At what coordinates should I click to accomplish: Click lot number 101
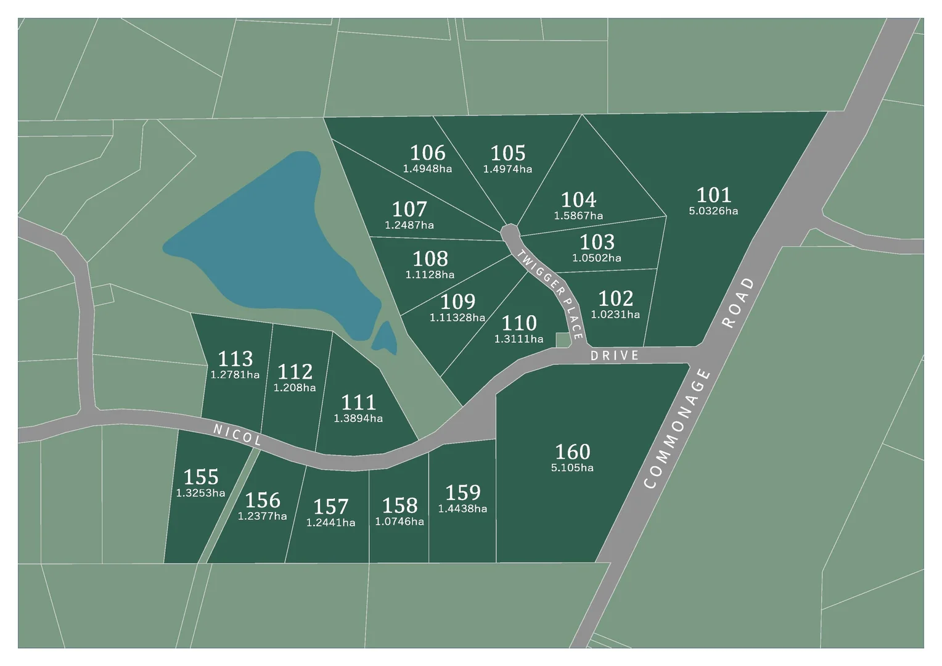(713, 195)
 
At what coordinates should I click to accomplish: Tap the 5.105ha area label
(572, 468)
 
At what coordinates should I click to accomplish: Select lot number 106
(427, 152)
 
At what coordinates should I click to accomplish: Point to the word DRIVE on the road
(615, 356)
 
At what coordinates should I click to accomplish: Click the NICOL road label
(237, 435)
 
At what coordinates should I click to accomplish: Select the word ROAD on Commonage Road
(738, 303)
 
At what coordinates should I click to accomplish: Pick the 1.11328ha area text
(457, 318)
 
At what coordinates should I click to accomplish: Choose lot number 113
(235, 358)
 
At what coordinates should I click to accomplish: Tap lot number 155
(201, 477)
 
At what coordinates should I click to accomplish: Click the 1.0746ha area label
(399, 522)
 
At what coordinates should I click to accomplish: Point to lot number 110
(518, 323)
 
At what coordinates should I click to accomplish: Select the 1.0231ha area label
(615, 314)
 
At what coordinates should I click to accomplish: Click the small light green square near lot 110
(563, 340)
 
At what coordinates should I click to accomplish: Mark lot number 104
(578, 200)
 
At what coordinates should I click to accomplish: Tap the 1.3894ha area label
(358, 419)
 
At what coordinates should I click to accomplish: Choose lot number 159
(462, 492)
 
